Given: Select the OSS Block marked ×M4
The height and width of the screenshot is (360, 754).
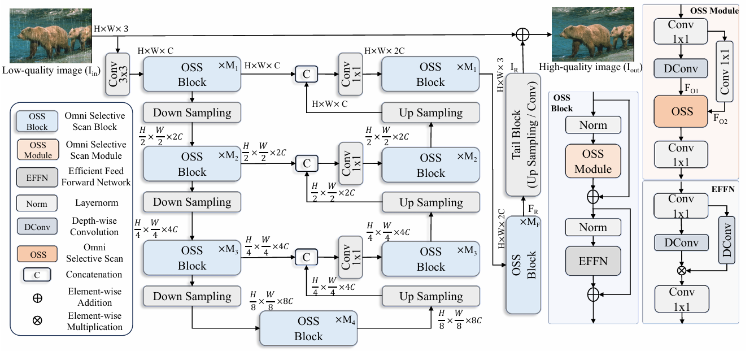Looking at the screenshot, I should pyautogui.click(x=308, y=328).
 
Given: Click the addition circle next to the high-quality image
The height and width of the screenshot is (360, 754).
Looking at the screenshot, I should pyautogui.click(x=524, y=34).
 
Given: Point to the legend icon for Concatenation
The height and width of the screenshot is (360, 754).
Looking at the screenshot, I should pyautogui.click(x=37, y=275).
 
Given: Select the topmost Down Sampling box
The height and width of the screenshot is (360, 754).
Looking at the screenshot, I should pyautogui.click(x=192, y=112).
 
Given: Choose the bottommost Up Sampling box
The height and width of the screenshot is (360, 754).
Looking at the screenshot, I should pyautogui.click(x=430, y=296).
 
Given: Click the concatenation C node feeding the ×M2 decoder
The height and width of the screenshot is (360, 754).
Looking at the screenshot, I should pyautogui.click(x=307, y=163).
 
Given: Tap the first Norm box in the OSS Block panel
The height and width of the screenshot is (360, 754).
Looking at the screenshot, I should pyautogui.click(x=593, y=125).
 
